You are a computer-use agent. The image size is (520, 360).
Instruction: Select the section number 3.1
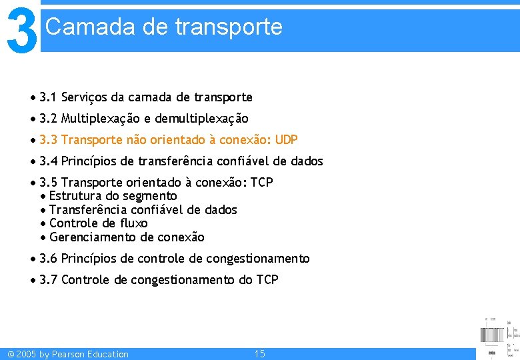48,97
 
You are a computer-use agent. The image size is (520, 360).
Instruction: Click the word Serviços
84,97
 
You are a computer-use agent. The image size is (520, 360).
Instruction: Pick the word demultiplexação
201,119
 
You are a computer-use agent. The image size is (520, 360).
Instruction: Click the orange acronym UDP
286,140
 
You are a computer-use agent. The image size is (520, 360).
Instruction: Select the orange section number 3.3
48,140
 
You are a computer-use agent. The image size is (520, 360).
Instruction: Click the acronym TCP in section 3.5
261,183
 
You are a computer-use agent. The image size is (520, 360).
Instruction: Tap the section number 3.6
48,259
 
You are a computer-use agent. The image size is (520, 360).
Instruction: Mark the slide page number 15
260,354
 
